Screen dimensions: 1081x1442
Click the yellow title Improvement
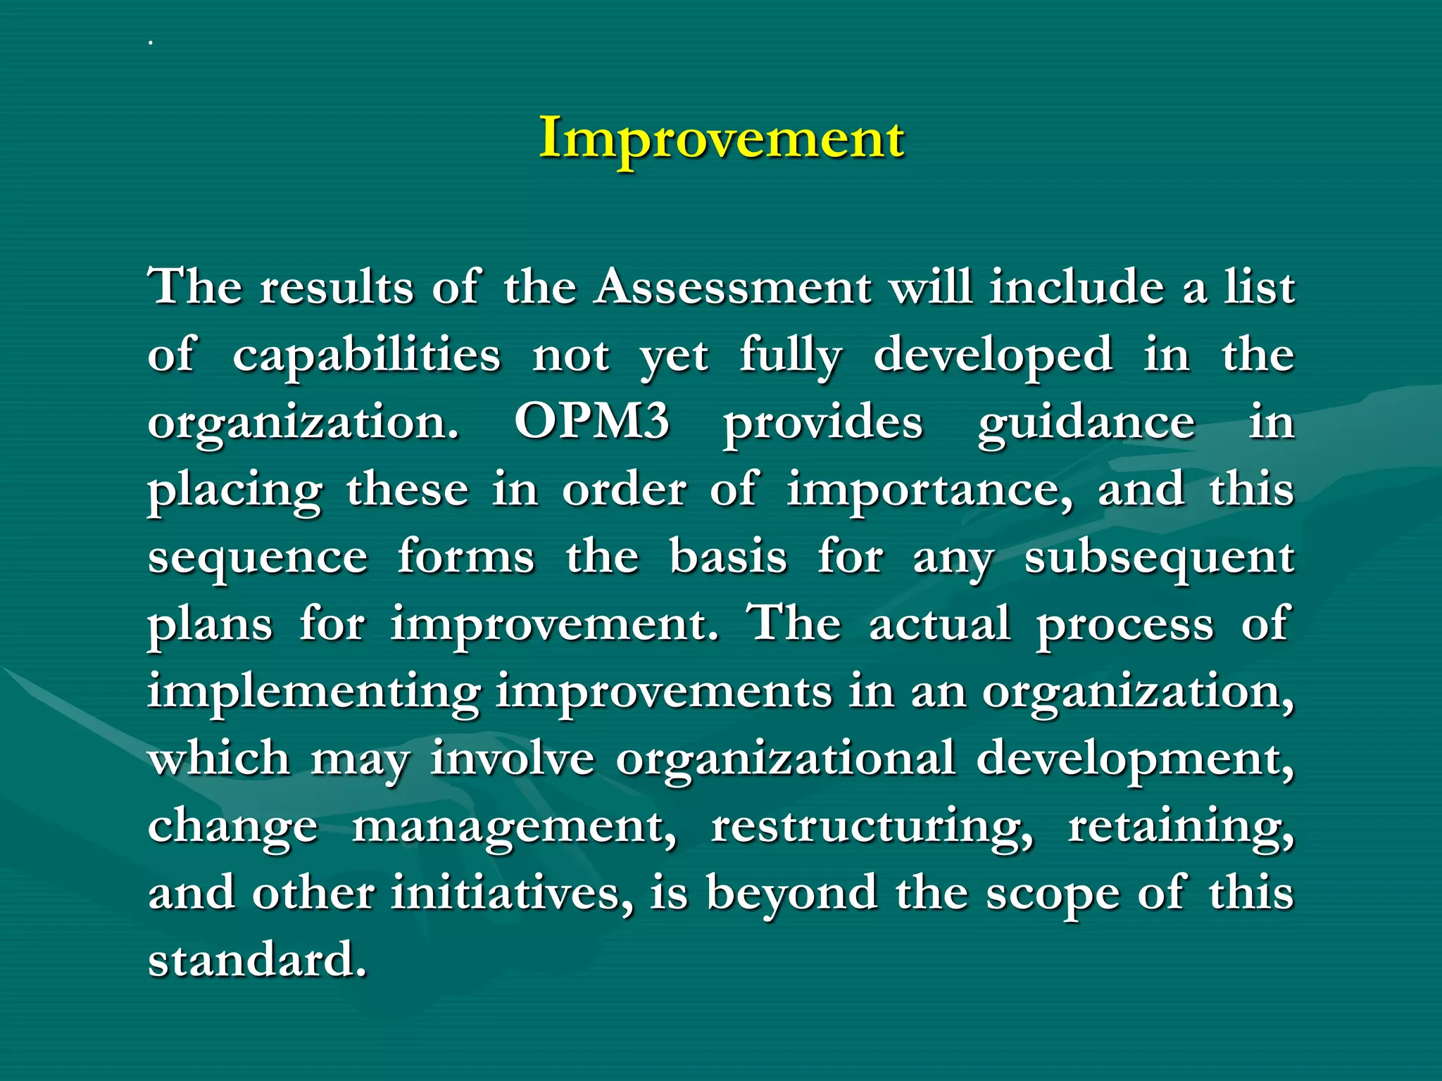[721, 139]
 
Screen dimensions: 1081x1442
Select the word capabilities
[366, 355]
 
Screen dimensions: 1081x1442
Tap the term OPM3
[591, 422]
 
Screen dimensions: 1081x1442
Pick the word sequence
[258, 558]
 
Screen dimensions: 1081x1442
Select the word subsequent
[1159, 558]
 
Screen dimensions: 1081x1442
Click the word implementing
[314, 693]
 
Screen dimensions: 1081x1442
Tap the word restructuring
[872, 827]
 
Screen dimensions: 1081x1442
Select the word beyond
[791, 894]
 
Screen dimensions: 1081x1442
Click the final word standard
[257, 960]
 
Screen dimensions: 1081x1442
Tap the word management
[514, 827]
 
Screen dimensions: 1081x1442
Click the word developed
[993, 355]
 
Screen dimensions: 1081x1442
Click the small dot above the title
[150, 43]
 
